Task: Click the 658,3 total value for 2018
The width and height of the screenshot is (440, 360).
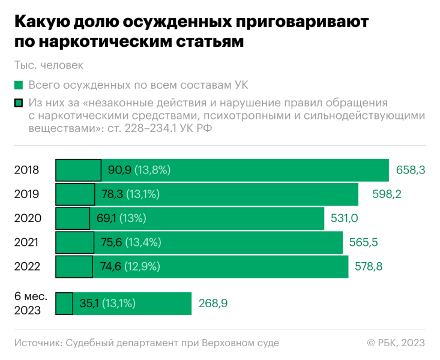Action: point(411,170)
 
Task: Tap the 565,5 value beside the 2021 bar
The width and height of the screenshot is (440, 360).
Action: point(364,242)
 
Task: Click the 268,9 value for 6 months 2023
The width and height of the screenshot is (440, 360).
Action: point(213,304)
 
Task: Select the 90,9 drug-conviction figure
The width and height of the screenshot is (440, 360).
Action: point(119,170)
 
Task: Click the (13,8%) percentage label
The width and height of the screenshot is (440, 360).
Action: point(152,170)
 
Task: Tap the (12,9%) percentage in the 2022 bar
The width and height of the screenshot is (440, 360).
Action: point(142,266)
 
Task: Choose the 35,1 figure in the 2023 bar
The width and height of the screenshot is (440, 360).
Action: point(89,304)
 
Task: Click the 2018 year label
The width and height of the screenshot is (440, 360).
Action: point(26,170)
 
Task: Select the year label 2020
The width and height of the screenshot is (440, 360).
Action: point(26,218)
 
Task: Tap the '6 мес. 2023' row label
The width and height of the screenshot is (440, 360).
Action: point(28,304)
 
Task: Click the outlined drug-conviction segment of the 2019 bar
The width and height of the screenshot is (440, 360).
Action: point(76,194)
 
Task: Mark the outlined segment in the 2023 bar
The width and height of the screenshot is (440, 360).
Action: point(64,304)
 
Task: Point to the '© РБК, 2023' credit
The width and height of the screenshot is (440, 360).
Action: point(396,343)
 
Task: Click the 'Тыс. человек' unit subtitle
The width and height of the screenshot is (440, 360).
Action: point(49,65)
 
